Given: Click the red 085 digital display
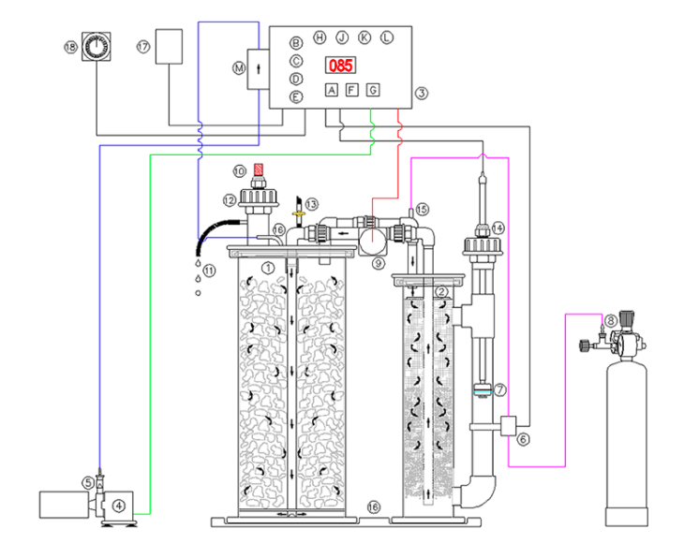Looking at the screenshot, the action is tap(340, 66).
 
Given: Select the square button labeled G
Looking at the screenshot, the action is tap(373, 90).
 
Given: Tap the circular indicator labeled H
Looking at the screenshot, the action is tap(320, 37).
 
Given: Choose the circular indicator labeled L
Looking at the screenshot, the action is tap(386, 37).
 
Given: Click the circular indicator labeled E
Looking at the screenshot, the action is tap(296, 96).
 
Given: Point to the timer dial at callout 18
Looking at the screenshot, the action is tap(96, 47).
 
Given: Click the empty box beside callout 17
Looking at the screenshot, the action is tap(169, 47).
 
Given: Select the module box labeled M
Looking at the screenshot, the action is tap(259, 69).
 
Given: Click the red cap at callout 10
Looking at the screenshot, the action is tap(259, 169).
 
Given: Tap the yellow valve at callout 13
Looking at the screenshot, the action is tap(299, 213).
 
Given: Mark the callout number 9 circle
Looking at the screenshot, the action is tap(379, 263).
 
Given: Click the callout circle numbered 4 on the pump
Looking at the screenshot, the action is tap(119, 506).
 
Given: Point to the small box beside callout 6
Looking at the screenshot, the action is tap(508, 425).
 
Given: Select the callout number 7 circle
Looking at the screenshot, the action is tap(500, 389).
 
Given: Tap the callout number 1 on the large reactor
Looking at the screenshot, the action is tap(268, 268).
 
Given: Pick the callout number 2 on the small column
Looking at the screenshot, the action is tap(441, 291).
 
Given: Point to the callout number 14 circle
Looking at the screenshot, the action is tap(498, 228).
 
